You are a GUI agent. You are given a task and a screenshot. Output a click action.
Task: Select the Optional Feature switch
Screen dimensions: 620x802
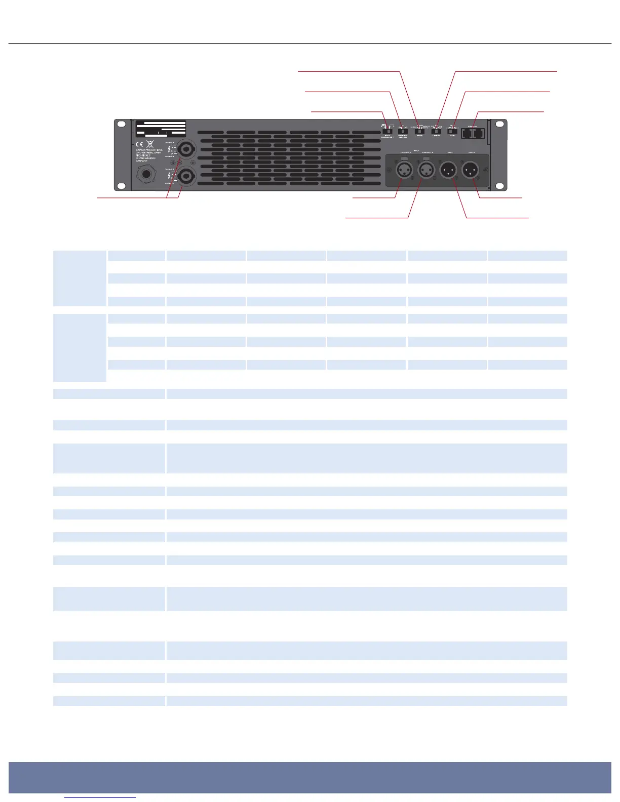(403, 132)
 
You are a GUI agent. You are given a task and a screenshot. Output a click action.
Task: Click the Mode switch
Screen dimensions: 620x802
(419, 132)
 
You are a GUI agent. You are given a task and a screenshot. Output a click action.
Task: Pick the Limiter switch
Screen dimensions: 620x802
(436, 132)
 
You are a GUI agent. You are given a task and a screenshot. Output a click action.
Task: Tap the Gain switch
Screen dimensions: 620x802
(452, 132)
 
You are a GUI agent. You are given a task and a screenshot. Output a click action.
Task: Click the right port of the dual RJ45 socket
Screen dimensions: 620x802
(478, 134)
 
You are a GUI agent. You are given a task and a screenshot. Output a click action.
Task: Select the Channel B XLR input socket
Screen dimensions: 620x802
(427, 170)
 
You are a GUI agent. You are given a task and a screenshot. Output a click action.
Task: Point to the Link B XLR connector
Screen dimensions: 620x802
(471, 170)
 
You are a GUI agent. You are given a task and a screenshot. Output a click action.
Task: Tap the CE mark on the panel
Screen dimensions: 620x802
(139, 144)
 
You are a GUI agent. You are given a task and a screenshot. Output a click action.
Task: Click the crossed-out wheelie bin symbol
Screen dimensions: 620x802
(150, 144)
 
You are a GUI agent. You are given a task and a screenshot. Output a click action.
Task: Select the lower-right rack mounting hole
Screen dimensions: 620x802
(499, 184)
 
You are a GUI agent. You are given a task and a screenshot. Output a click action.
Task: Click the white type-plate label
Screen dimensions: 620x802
(160, 129)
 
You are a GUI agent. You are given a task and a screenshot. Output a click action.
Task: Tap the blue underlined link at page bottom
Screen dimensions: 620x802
(100, 797)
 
